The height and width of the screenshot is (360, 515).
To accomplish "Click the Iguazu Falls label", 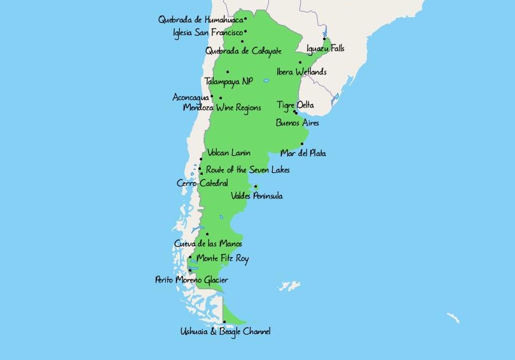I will coord(325,48).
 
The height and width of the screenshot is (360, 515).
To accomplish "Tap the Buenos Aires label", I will coord(297,123).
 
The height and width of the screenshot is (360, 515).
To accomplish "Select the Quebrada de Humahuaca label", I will coord(200,20).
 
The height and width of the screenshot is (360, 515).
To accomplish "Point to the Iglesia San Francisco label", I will coord(208,32).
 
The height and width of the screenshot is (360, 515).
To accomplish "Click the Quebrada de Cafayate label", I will coord(243,51).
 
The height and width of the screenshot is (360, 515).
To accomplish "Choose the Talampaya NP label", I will coord(228,81).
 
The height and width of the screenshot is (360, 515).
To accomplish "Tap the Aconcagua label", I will coord(190,97).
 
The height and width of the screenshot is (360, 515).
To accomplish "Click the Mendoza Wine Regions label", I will coord(222,108).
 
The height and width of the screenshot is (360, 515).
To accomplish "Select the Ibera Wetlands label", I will coord(301,72).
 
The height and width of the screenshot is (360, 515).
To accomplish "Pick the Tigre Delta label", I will coord(295,105).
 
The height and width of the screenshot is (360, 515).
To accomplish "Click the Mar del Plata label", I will coord(303,153).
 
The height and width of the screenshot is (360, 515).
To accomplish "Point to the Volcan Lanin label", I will coord(229,153).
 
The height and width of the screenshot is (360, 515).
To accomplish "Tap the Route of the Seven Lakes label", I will coord(247,170).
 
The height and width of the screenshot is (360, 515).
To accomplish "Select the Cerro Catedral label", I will coord(202,183).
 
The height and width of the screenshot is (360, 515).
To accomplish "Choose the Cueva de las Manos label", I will coord(208,244).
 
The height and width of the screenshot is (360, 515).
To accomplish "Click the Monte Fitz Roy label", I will coord(223,259).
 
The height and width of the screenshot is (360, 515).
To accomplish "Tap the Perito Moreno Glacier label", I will coord(191,280).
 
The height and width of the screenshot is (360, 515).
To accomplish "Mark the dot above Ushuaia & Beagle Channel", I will coord(224,322).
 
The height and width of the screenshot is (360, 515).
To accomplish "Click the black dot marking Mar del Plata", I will coord(303,144).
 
